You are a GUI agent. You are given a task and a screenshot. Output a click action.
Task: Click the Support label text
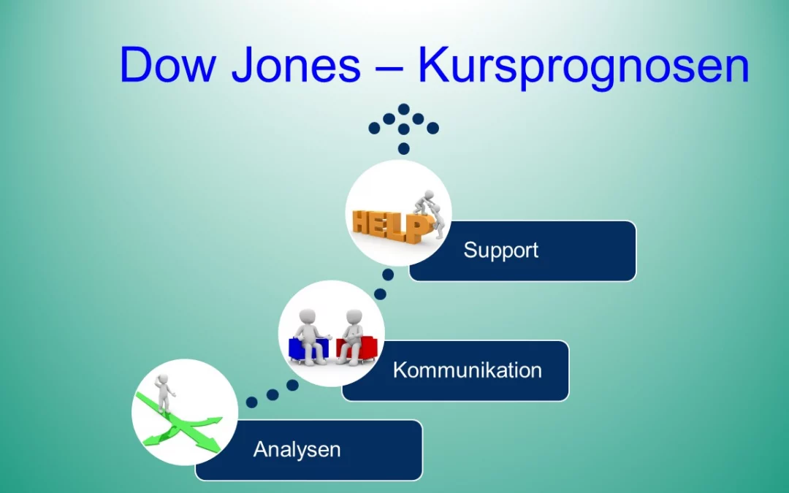point(500,251)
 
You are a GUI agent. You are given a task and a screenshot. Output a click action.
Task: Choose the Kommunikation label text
point(467,370)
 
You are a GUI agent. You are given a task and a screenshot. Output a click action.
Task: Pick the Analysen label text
point(297,449)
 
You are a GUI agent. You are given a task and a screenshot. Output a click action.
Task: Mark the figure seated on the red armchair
point(352,333)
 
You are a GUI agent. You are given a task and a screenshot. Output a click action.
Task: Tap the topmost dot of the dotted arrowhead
point(403,109)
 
